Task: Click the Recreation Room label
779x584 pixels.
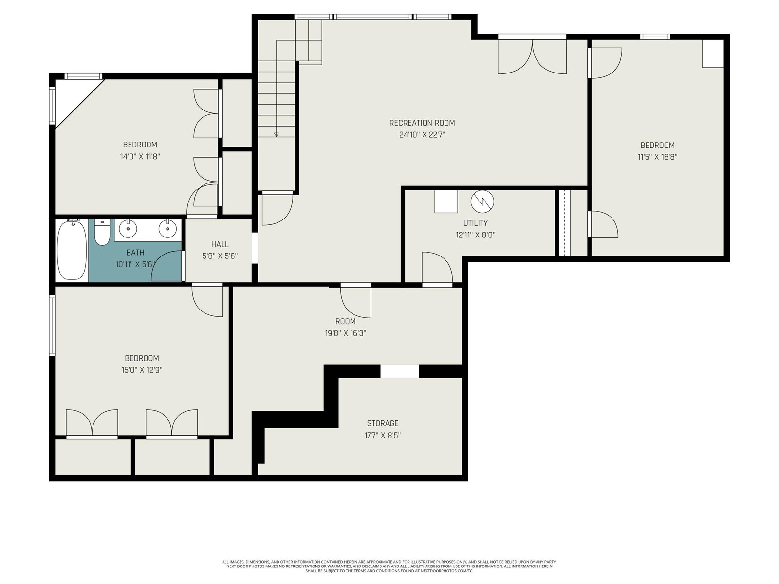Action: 422,123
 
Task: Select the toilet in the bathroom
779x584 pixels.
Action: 102,232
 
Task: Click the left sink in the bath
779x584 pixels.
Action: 128,228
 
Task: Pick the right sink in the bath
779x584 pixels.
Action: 167,228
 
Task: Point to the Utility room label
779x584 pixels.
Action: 476,223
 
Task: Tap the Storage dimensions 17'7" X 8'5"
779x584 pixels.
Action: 383,435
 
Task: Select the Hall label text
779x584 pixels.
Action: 220,244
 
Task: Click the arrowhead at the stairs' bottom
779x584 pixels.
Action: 277,135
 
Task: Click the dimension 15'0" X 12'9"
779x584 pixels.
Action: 142,370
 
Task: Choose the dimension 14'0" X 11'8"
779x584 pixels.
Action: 140,157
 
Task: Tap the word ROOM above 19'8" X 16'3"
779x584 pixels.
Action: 346,322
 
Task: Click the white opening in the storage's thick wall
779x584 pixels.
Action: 400,371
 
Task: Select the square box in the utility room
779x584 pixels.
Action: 446,201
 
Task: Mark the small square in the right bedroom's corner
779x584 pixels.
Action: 713,54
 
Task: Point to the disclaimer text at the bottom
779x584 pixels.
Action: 389,566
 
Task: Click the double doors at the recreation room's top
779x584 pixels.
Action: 532,57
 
